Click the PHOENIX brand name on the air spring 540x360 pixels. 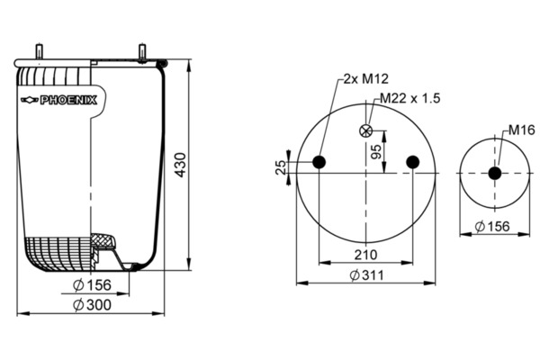[68, 100]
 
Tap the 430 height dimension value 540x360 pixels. [180, 165]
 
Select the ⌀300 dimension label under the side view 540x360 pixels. [93, 305]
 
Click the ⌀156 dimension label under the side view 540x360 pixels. [93, 285]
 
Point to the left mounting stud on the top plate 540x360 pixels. [40, 51]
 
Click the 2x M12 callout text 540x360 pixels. [366, 79]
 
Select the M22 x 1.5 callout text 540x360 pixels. [410, 98]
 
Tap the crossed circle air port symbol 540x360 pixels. [365, 130]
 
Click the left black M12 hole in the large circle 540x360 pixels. [319, 162]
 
